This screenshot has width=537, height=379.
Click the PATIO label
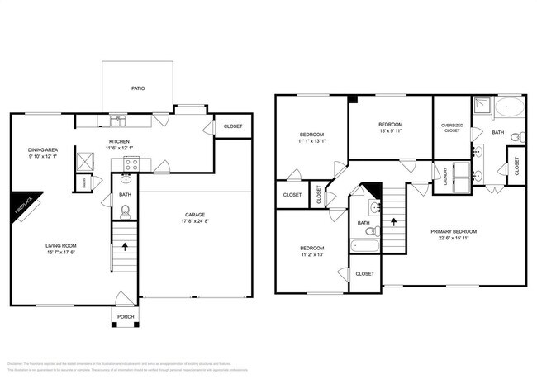[137, 87]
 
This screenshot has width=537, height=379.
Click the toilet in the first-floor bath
[126, 211]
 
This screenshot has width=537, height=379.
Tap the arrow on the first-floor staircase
[125, 245]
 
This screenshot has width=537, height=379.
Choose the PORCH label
[126, 316]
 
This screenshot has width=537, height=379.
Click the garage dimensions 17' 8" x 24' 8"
[195, 221]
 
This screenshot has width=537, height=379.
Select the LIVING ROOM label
[61, 245]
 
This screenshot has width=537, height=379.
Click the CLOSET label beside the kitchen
[232, 126]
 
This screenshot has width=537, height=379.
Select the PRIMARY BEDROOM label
[454, 231]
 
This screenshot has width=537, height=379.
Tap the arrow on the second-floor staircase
[394, 221]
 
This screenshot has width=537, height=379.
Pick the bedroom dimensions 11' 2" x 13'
[311, 255]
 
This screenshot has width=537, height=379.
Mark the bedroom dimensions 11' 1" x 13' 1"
[311, 141]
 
